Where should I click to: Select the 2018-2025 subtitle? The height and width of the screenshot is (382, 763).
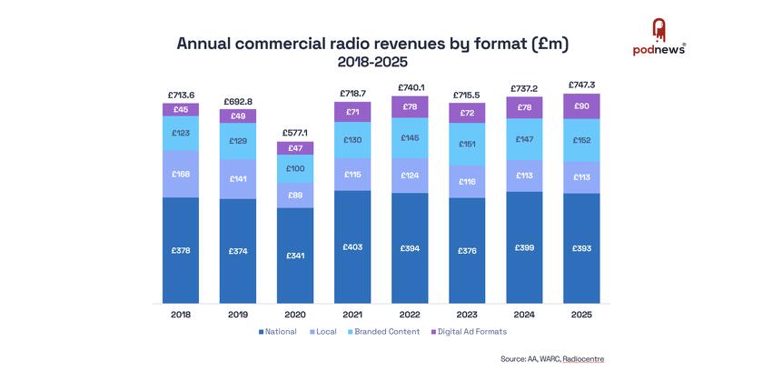point(372,63)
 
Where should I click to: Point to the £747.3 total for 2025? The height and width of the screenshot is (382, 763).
point(580,84)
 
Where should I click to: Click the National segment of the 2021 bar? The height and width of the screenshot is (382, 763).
point(352,246)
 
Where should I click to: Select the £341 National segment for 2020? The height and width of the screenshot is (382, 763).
point(295,256)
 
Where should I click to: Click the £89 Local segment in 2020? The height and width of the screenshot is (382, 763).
point(295,195)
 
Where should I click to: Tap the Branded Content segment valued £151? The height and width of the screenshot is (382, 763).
point(467,144)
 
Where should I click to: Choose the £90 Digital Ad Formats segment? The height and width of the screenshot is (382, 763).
point(580,106)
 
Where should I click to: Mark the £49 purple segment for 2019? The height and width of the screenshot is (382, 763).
point(238,116)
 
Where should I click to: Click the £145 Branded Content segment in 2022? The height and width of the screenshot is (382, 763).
point(410,137)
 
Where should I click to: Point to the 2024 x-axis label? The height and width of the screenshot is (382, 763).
point(524,314)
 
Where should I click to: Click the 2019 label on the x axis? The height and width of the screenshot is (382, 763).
point(238,314)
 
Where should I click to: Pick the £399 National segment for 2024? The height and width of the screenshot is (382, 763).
point(524,247)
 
